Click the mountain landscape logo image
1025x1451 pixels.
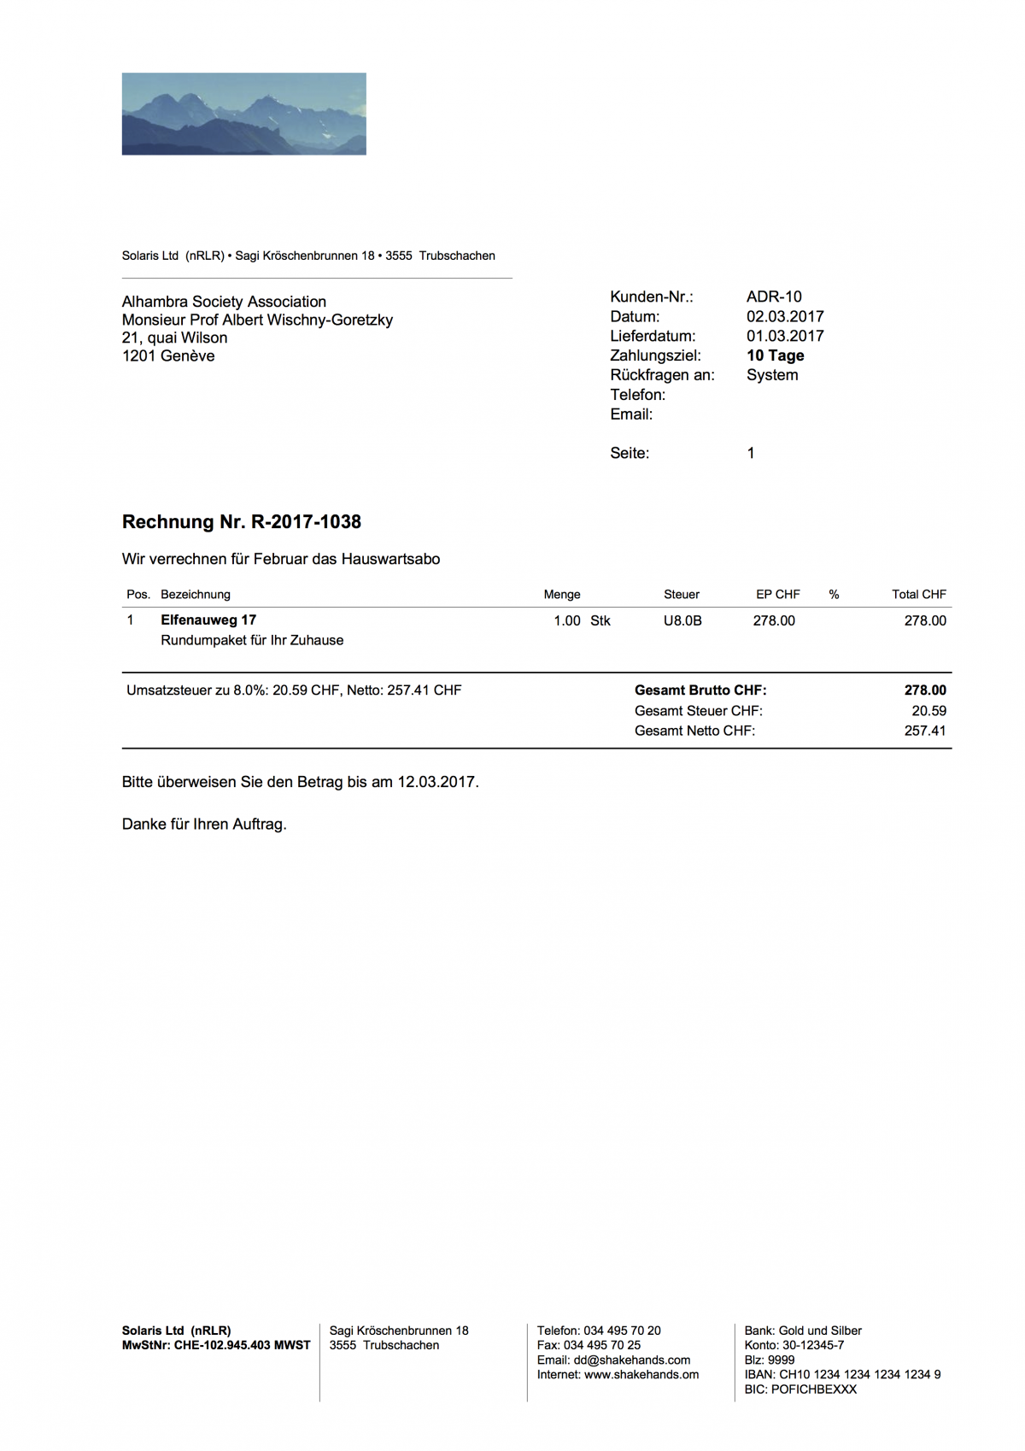point(243,114)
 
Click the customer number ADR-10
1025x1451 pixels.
point(774,297)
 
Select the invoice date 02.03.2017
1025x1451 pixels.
point(785,316)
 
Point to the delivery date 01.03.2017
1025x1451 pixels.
point(785,336)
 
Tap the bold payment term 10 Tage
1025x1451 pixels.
point(775,355)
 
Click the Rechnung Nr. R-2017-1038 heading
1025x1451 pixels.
point(242,521)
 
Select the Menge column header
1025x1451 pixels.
point(561,594)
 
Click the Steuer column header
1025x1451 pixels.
point(681,594)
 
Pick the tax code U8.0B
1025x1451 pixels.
point(682,620)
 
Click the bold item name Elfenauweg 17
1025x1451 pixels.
point(208,620)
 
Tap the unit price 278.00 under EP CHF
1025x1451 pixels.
point(774,620)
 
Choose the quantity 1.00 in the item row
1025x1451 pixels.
point(566,620)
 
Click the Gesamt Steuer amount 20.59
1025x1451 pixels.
point(928,710)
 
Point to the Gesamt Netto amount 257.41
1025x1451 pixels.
point(925,731)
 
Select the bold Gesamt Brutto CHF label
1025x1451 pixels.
point(700,690)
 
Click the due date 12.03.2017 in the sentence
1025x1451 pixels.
point(436,782)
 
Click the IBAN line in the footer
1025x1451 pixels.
point(842,1374)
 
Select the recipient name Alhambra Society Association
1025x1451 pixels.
point(224,302)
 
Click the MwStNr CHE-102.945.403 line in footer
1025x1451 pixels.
point(216,1345)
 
